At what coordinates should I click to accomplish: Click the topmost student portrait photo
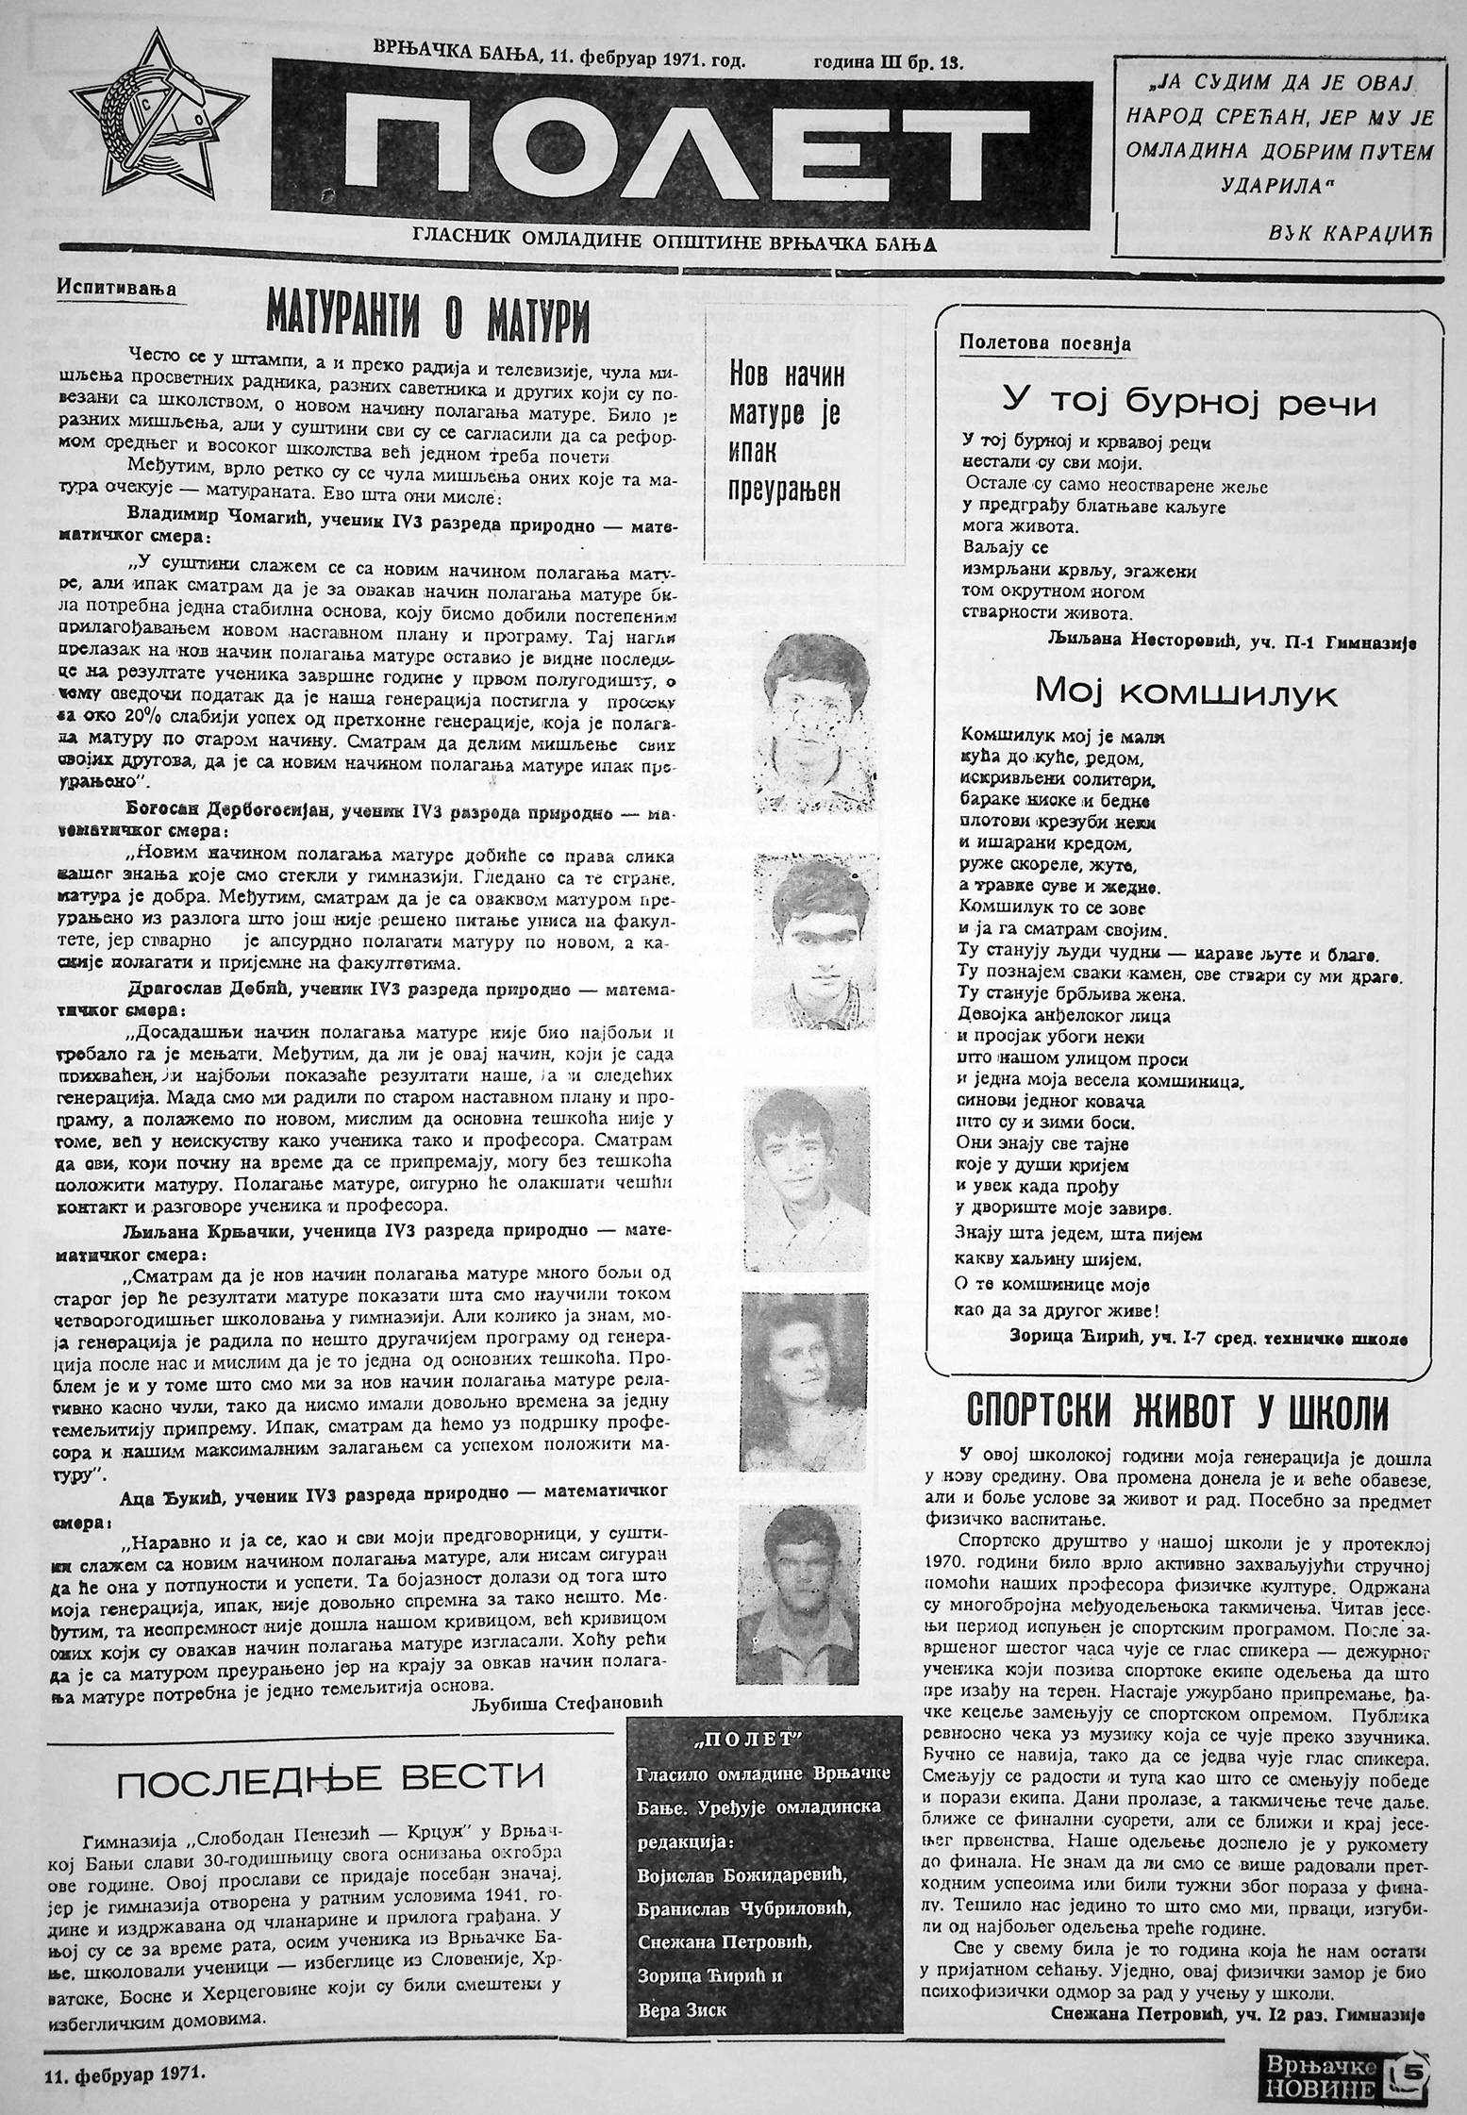tap(809, 714)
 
